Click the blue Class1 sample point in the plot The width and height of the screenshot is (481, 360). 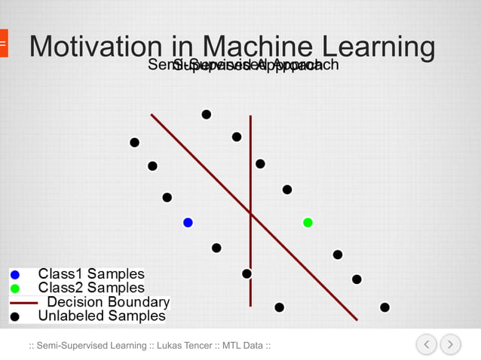click(x=188, y=222)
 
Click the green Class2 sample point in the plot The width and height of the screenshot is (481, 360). click(x=308, y=222)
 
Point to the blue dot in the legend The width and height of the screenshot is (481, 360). click(x=15, y=275)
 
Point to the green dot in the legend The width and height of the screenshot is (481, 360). click(x=15, y=288)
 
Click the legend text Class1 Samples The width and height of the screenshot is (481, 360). click(x=91, y=274)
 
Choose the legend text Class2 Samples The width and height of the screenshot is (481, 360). click(x=91, y=288)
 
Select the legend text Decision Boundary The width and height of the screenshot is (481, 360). click(x=108, y=302)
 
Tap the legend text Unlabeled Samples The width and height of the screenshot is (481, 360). click(x=102, y=316)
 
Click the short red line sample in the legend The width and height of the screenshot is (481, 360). click(x=23, y=303)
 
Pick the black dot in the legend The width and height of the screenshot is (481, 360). click(x=15, y=317)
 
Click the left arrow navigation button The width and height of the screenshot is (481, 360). click(x=426, y=344)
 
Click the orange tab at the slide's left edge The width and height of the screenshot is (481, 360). click(x=3, y=44)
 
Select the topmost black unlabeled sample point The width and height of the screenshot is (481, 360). click(x=206, y=114)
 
